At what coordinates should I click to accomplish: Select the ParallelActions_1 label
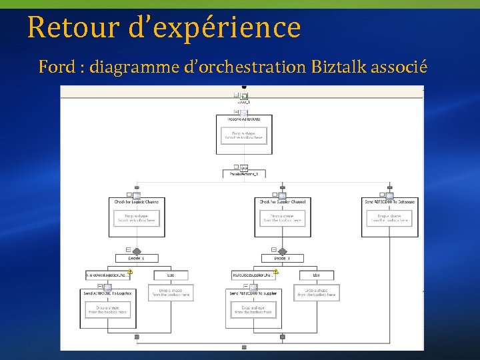coord(244,174)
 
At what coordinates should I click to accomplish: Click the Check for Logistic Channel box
coord(137,217)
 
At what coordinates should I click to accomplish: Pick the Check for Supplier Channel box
coord(283,217)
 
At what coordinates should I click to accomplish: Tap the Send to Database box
coord(389,217)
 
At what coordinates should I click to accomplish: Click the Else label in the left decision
coord(171,275)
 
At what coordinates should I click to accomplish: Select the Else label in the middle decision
coord(317,275)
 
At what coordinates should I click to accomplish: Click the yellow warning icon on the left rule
coord(130,271)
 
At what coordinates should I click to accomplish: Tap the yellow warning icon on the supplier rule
coord(276,271)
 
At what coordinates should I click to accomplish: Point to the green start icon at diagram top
coord(244,97)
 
